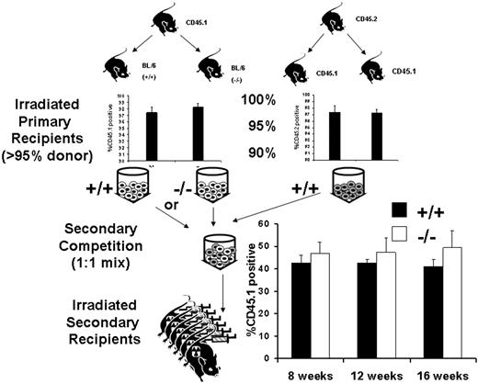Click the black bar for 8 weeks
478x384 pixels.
[x=299, y=308]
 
